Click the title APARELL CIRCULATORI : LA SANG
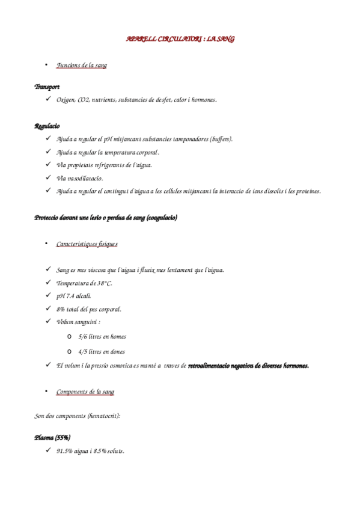[x=180, y=39]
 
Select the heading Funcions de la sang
[x=81, y=65]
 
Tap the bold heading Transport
[x=47, y=87]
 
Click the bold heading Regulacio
[x=47, y=126]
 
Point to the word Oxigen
[x=66, y=100]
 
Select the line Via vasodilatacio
[x=80, y=178]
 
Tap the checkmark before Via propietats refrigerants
[x=47, y=165]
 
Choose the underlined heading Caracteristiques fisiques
[x=87, y=244]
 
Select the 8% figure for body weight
[x=61, y=309]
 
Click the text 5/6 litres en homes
[x=102, y=337]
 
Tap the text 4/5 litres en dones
[x=102, y=351]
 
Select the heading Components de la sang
[x=85, y=392]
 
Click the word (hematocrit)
[x=103, y=416]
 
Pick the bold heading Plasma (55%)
[x=52, y=437]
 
